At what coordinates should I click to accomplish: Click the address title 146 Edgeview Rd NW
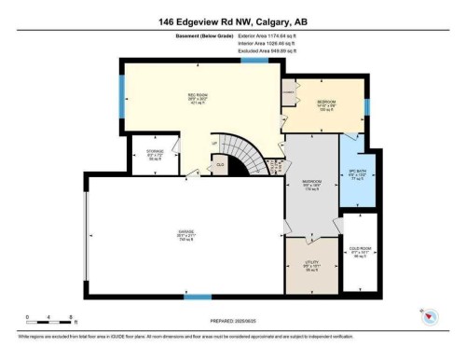click(233, 20)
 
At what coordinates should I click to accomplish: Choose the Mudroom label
click(312, 183)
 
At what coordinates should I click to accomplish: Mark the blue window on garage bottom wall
click(197, 298)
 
